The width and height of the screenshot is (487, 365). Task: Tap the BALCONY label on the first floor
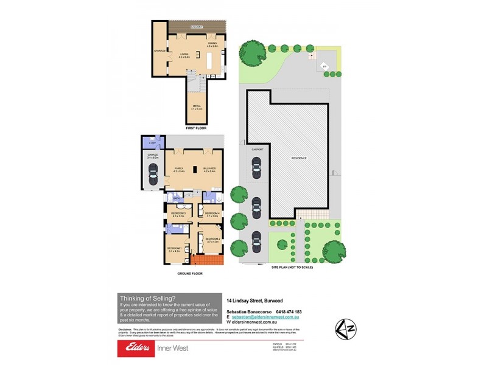[x=196, y=27]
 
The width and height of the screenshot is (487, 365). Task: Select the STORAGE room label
[x=159, y=50]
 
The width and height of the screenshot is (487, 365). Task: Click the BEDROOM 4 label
[x=212, y=214]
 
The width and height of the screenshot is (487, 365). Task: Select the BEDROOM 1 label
[x=176, y=249]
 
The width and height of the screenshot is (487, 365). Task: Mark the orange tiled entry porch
[x=208, y=260]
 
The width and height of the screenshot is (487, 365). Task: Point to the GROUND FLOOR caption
[x=190, y=274]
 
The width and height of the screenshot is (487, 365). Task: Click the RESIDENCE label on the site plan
[x=298, y=158]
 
